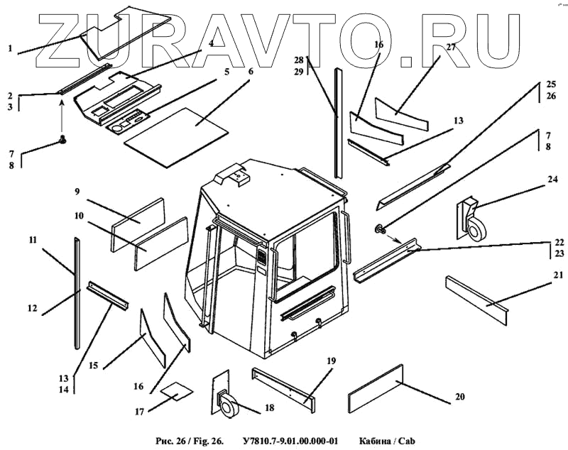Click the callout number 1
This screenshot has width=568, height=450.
(x=11, y=48)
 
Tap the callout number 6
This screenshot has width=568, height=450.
(x=250, y=72)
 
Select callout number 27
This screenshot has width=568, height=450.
(x=450, y=48)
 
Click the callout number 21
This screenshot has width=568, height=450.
(x=558, y=275)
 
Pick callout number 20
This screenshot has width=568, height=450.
(x=460, y=396)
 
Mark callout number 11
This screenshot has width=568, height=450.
(x=32, y=240)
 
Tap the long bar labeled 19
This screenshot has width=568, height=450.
(x=285, y=388)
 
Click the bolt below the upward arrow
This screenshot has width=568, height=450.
(x=62, y=140)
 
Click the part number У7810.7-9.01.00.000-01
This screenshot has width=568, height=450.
(x=292, y=441)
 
